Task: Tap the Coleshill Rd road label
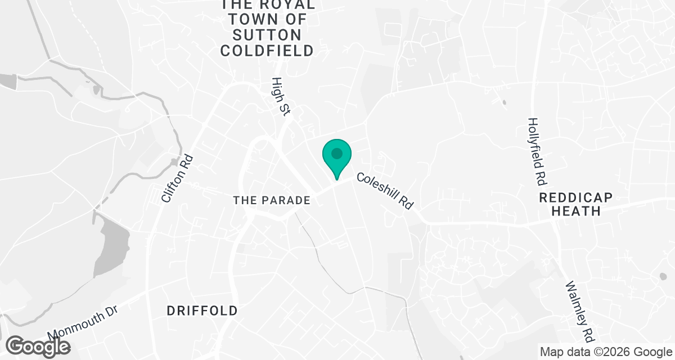coord(385,191)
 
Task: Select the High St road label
coord(280,97)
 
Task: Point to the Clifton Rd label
coord(177,179)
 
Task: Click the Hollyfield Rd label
coord(537,152)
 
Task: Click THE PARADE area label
coord(272,200)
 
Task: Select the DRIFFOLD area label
coord(202,310)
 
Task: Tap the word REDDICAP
coord(575,197)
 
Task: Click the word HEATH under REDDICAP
coord(576,211)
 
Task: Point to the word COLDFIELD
coord(267,51)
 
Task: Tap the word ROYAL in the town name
coord(288,4)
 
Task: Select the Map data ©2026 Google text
coord(605,352)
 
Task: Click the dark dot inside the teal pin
coord(337,153)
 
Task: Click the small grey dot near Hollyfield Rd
coord(503,103)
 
